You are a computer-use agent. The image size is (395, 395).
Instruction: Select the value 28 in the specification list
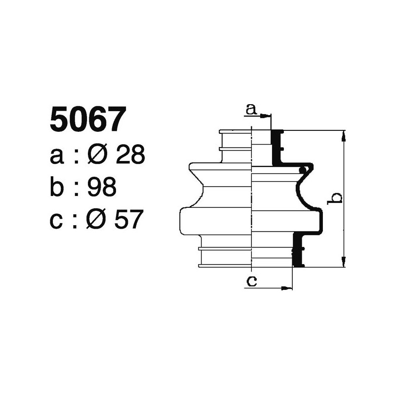pyautogui.click(x=130, y=156)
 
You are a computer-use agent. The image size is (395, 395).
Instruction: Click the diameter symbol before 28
pyautogui.click(x=97, y=156)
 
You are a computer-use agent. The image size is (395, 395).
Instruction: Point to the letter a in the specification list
pyautogui.click(x=57, y=157)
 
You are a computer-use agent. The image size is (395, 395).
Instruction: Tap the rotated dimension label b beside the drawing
pyautogui.click(x=336, y=198)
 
